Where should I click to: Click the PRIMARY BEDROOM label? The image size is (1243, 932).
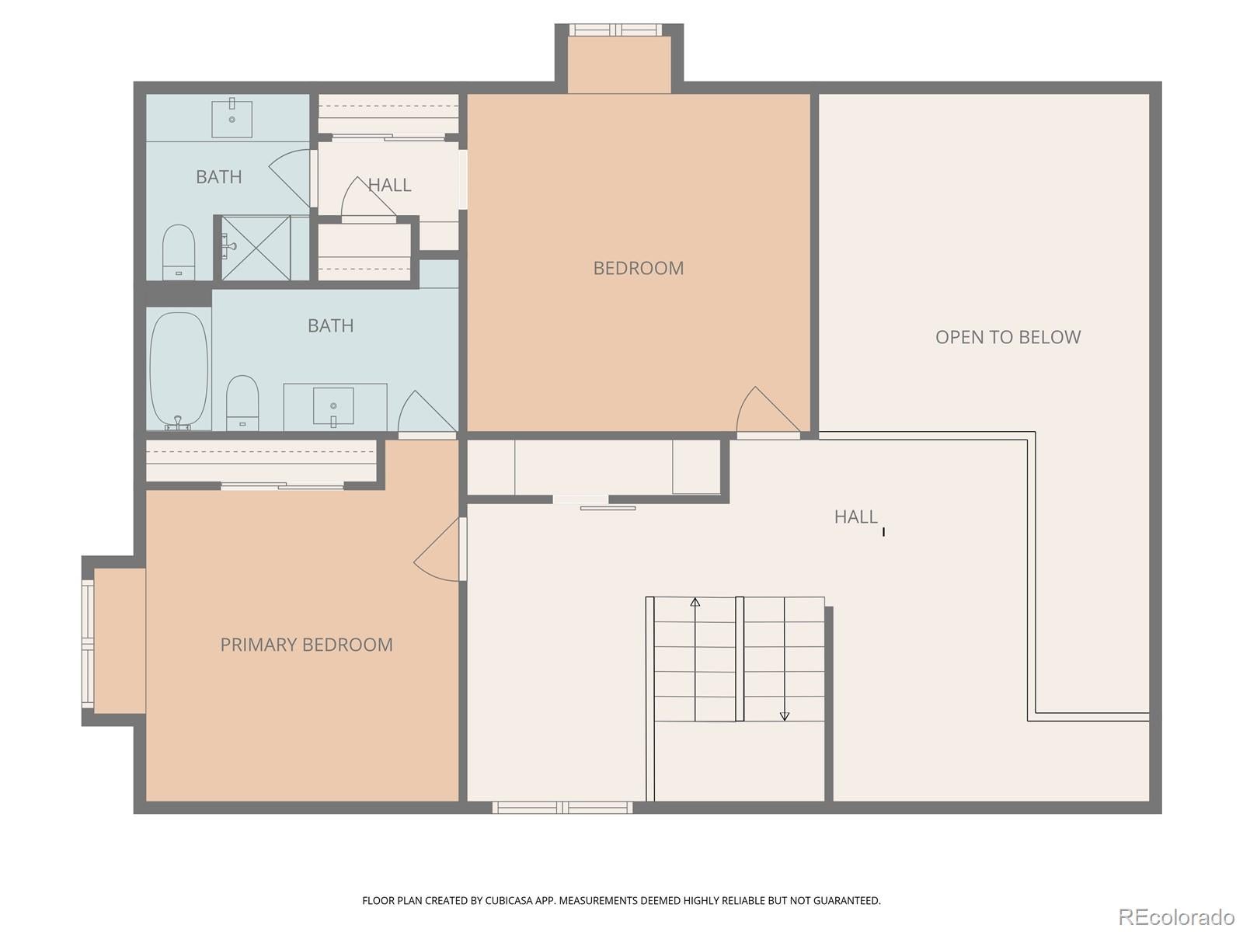[x=306, y=645]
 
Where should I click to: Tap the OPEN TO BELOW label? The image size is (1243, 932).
[x=1008, y=337]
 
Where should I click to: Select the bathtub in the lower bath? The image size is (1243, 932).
[x=179, y=369]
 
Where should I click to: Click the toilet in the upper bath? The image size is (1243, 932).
[x=178, y=251]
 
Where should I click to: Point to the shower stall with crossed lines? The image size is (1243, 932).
[x=256, y=248]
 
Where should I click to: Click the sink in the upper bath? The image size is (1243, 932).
[x=232, y=117]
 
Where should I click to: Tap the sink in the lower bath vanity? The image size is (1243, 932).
[x=333, y=406]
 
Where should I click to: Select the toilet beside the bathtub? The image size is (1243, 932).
[x=242, y=402]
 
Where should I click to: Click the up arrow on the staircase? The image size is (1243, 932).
[x=695, y=603]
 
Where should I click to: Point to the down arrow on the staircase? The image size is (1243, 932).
[x=785, y=715]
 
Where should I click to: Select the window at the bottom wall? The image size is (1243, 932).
[x=562, y=808]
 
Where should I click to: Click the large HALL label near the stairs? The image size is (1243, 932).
[x=855, y=516]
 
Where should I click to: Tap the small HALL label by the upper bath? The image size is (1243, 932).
[x=389, y=185]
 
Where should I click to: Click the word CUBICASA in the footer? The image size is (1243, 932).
[x=514, y=901]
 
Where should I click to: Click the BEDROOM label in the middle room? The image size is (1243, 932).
[x=638, y=268]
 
